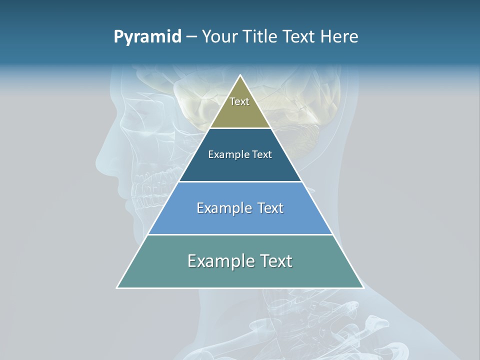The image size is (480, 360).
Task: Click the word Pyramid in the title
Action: pos(147,37)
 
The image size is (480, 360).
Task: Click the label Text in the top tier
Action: pos(239,101)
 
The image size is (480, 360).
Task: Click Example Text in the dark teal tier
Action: pos(240,154)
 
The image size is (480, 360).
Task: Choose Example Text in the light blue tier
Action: pos(240,208)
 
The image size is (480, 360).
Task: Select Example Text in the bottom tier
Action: pos(240,261)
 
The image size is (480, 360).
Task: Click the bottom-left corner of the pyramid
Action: pos(117,287)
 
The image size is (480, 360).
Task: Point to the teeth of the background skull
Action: pos(150,182)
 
